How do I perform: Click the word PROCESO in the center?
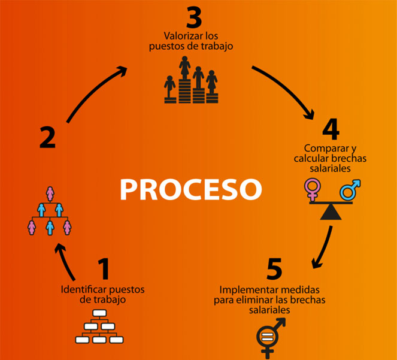point(190,188)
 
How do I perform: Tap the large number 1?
point(104,270)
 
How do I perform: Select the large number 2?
point(47,137)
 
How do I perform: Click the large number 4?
point(331,130)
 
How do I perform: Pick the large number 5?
point(274,270)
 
